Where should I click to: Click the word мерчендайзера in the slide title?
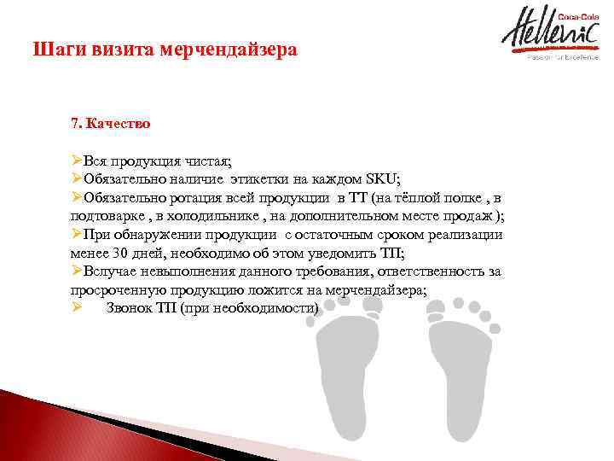pyautogui.click(x=238, y=50)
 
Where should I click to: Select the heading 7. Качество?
pyautogui.click(x=111, y=124)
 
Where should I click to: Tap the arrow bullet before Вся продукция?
pyautogui.click(x=76, y=160)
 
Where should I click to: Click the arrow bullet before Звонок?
pyautogui.click(x=76, y=308)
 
